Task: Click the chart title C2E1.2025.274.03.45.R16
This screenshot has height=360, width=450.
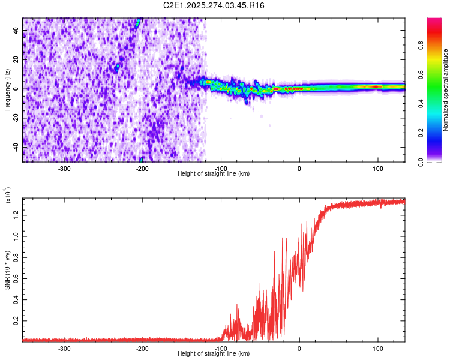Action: point(214,5)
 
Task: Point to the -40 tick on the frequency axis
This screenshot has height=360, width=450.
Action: point(15,147)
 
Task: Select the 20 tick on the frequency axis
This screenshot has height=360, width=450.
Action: point(16,60)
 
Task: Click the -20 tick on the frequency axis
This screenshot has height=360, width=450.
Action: point(15,118)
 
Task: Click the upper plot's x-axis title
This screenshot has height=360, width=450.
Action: point(214,173)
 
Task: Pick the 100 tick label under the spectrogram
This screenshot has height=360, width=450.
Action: point(377,168)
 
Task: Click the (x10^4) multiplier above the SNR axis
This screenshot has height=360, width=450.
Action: point(8,195)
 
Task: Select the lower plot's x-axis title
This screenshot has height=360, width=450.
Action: point(214,353)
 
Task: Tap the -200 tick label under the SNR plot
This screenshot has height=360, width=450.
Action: point(143,348)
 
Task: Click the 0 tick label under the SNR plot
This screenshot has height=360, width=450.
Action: point(299,348)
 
